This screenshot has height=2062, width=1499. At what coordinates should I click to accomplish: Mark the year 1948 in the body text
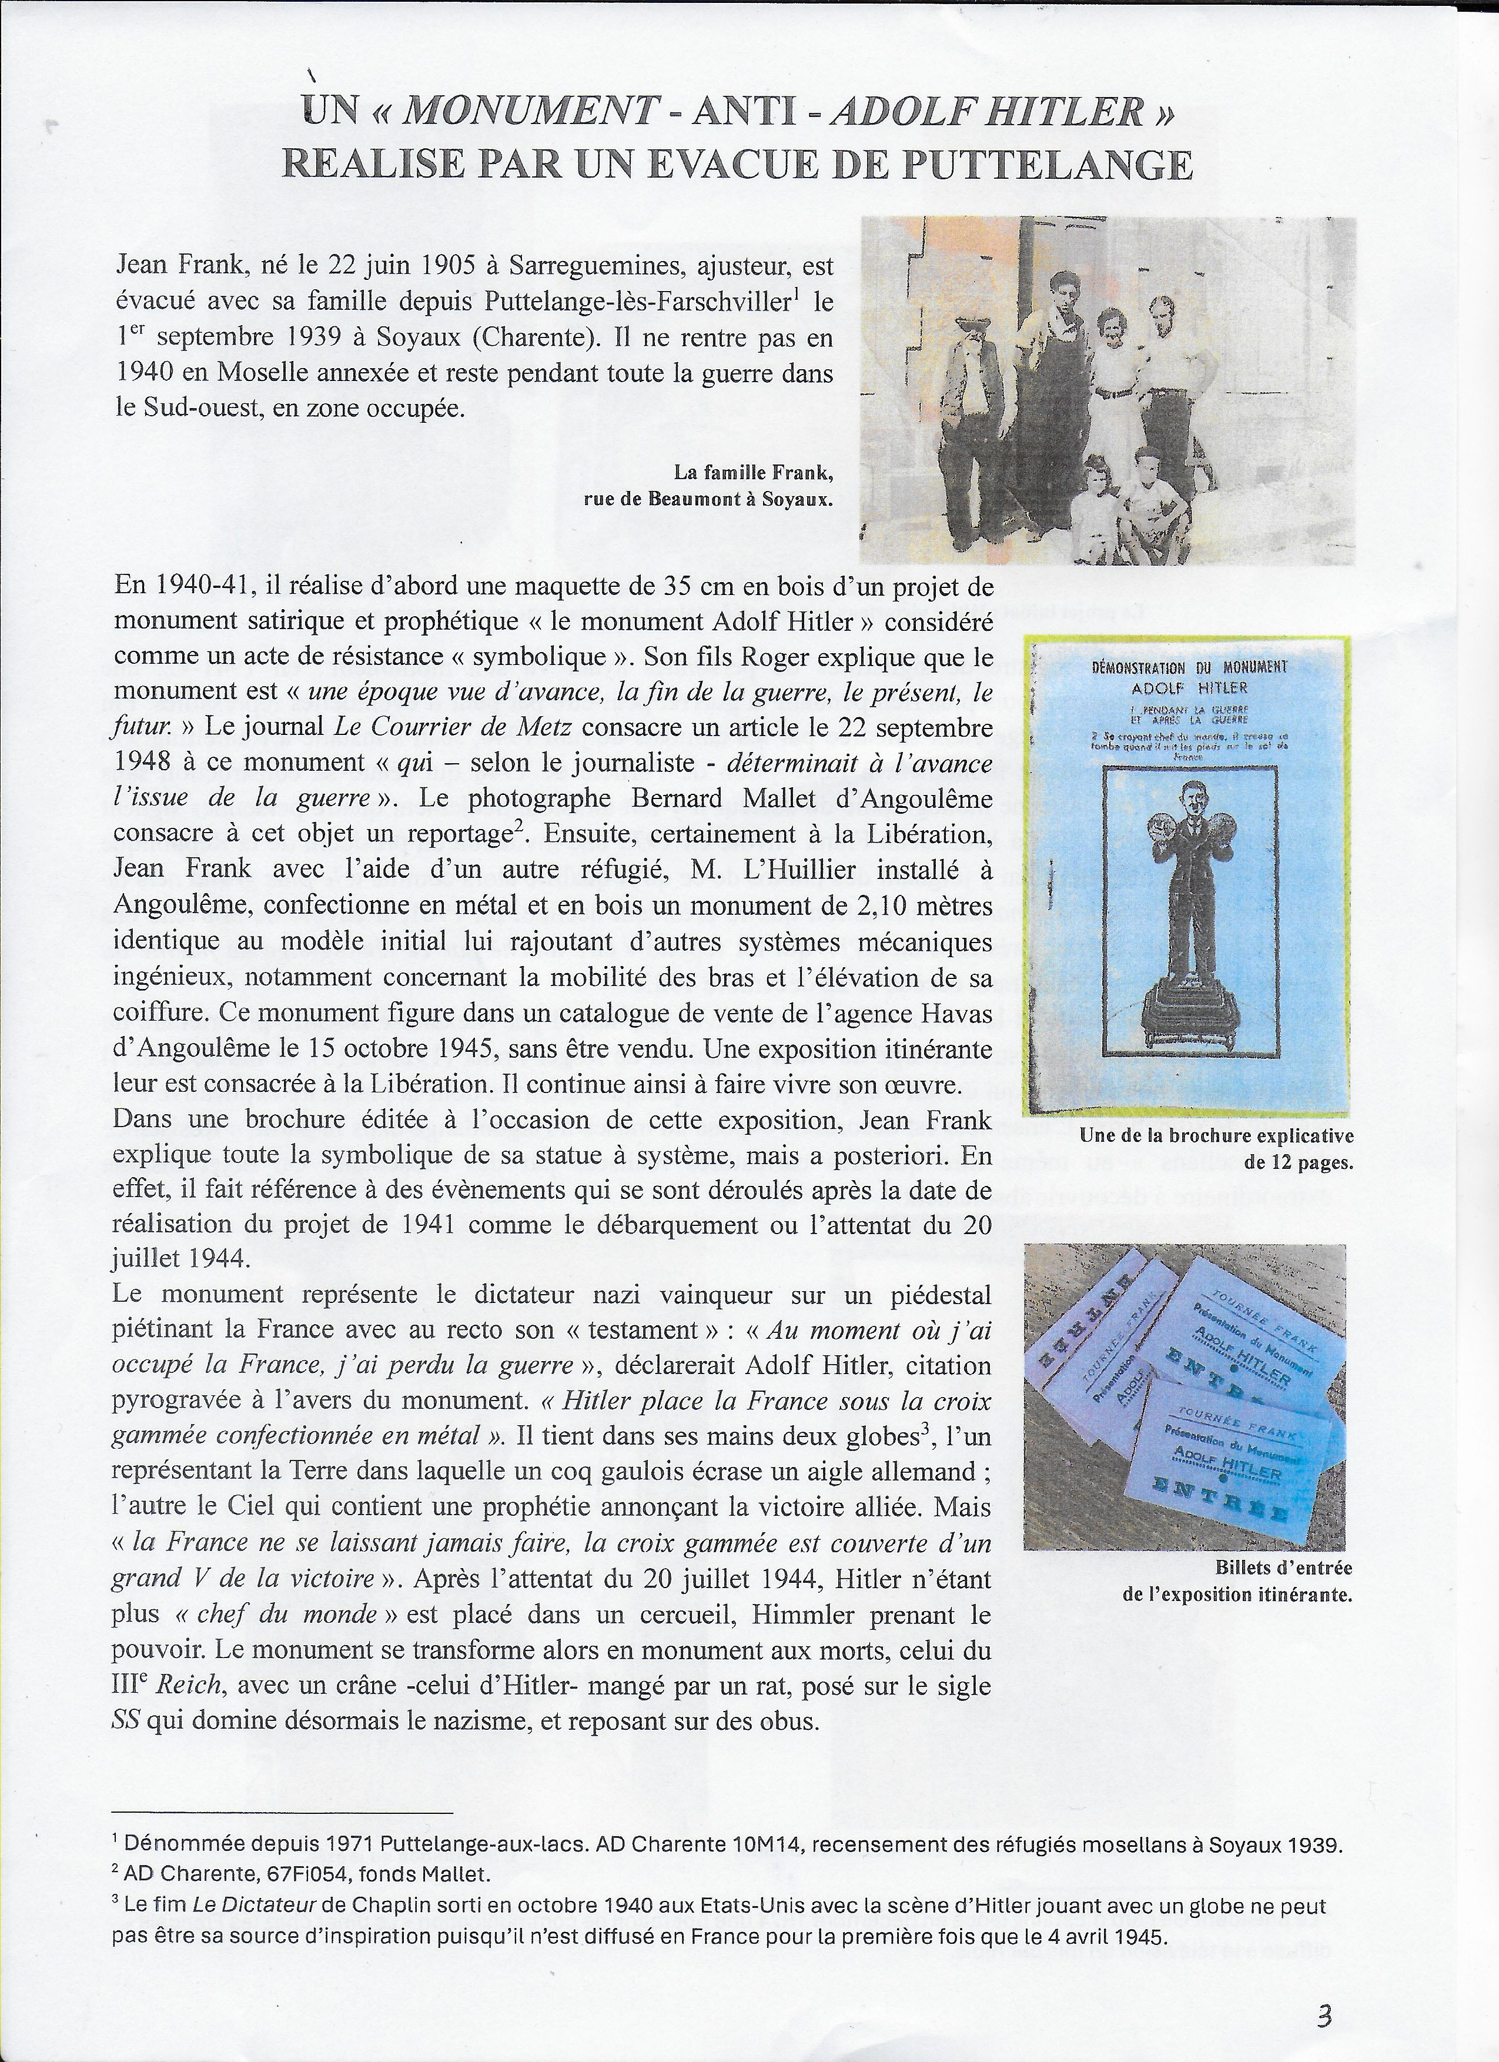pyautogui.click(x=148, y=764)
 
